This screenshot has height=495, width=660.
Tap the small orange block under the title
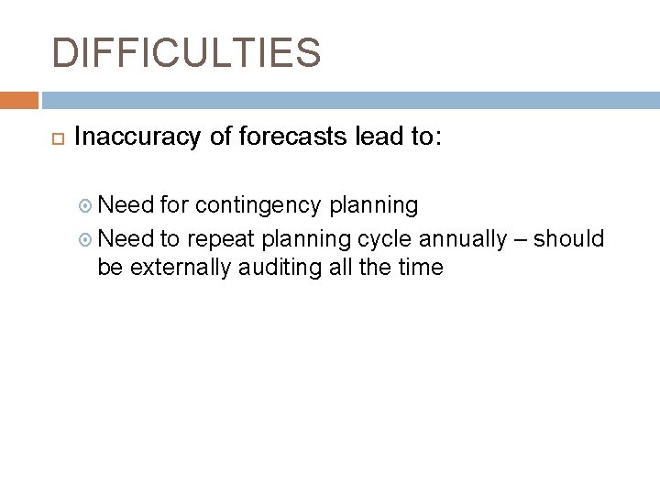click(19, 99)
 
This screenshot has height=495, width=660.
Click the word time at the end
click(420, 267)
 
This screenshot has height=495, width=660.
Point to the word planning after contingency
click(377, 205)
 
